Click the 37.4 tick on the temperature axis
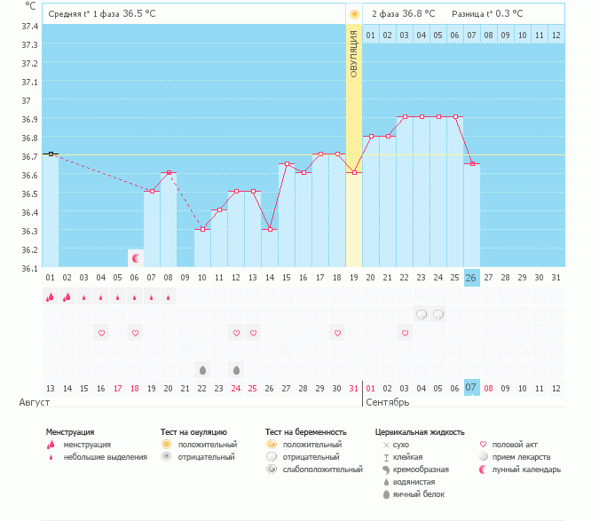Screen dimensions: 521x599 (29, 26)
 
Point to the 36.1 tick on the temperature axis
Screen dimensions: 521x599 (29, 268)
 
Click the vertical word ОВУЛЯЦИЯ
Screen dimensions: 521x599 (354, 57)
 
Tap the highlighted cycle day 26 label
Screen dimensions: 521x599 (472, 278)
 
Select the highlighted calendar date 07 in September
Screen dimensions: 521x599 (472, 388)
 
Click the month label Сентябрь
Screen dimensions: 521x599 (389, 403)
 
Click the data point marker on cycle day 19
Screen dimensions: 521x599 (354, 172)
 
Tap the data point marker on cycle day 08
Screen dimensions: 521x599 (169, 172)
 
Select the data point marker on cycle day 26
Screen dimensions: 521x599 (472, 163)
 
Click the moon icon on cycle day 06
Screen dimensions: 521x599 (136, 258)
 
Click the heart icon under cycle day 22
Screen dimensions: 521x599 (405, 333)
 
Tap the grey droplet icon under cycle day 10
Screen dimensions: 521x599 (202, 369)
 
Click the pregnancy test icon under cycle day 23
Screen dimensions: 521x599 (422, 314)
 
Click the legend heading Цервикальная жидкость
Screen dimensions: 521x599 (419, 432)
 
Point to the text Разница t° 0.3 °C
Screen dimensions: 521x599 (487, 14)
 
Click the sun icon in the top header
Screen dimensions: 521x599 (354, 14)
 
